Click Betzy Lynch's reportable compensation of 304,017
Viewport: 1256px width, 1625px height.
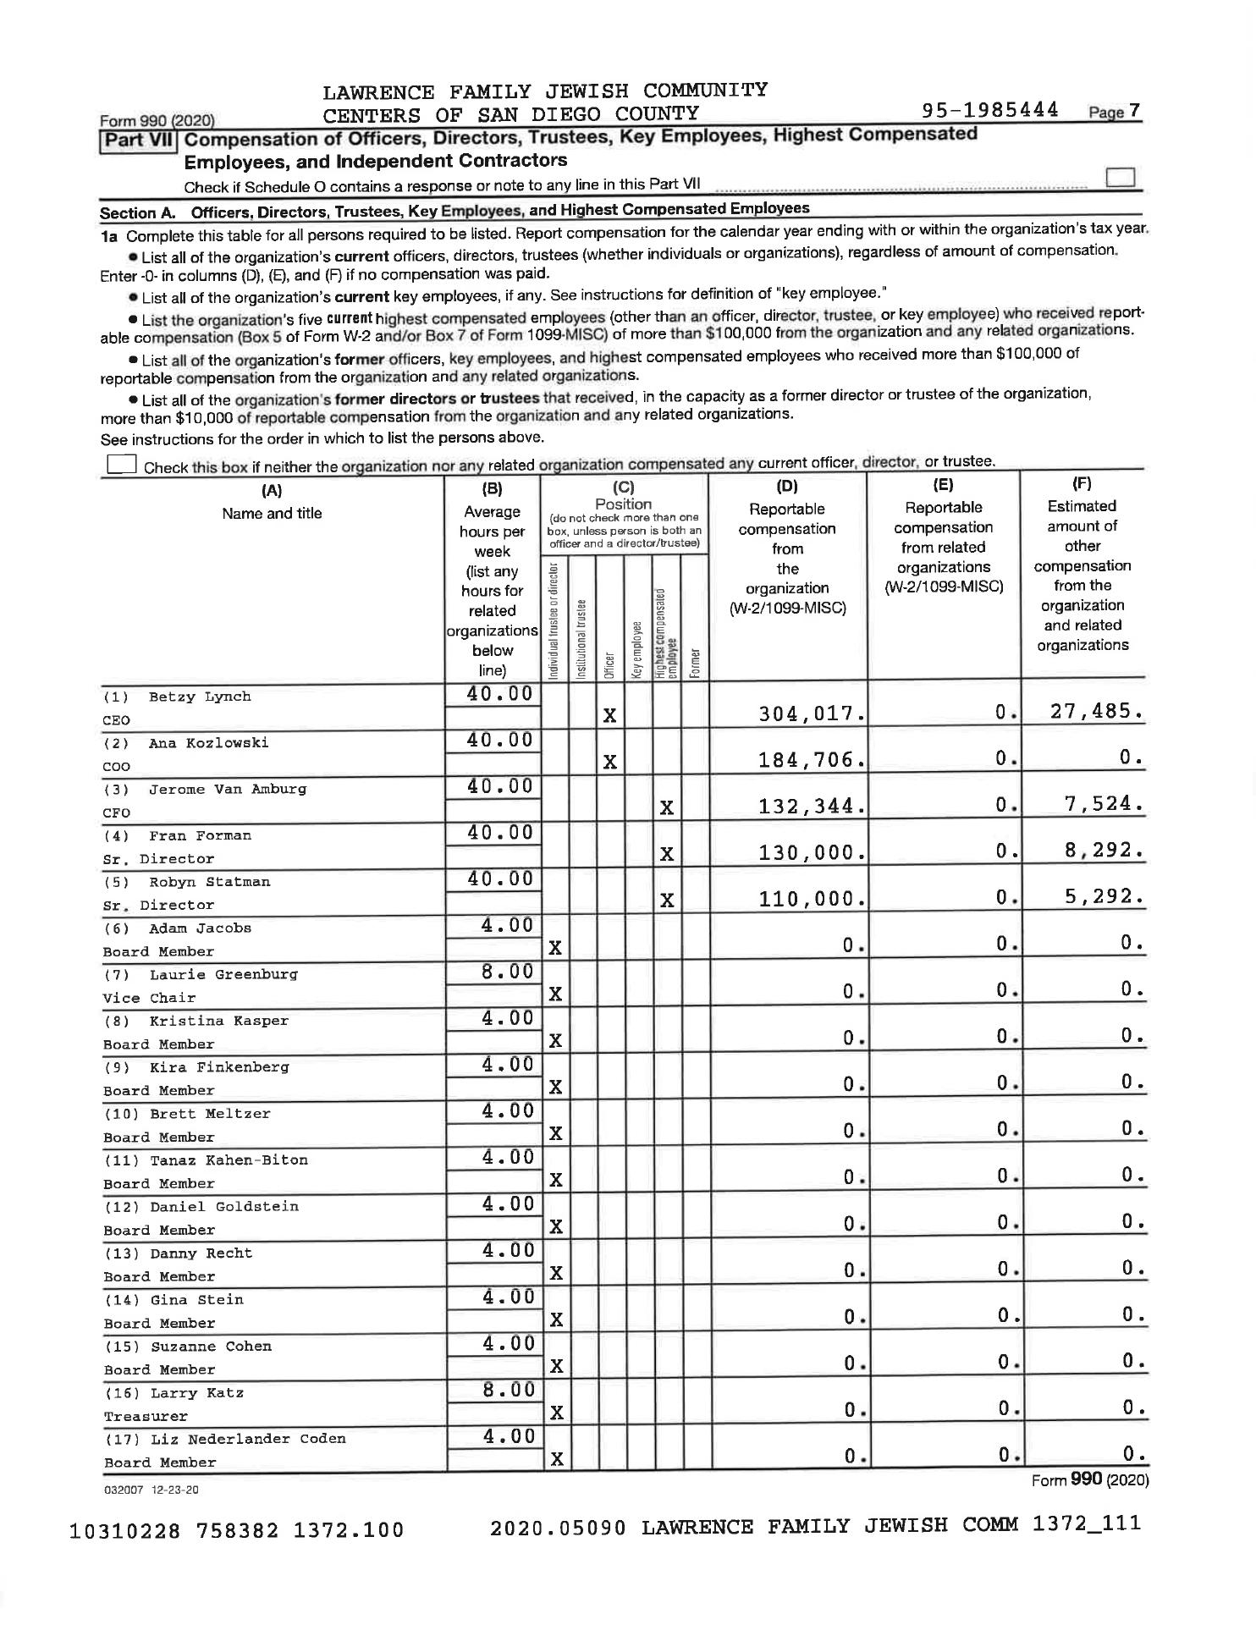point(812,714)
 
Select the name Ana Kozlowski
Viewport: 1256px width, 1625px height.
point(208,743)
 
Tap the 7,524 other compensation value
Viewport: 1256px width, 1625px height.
point(1104,804)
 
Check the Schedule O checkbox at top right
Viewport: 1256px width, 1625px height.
point(1120,178)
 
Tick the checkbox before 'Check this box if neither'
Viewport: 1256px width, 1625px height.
point(121,464)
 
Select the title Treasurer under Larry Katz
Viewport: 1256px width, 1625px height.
point(146,1417)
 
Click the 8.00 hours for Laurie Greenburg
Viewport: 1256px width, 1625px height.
point(507,972)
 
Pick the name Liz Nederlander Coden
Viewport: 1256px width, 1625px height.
point(248,1439)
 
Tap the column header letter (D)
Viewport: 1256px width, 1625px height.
point(787,487)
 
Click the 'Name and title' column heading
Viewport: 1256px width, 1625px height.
point(272,514)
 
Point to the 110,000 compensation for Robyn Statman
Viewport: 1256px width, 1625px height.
point(812,899)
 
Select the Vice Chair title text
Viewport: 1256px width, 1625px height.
point(149,999)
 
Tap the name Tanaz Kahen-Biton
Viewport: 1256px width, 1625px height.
point(229,1160)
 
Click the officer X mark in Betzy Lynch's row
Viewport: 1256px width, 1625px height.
point(609,716)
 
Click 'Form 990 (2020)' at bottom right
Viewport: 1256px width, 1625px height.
point(1089,1479)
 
